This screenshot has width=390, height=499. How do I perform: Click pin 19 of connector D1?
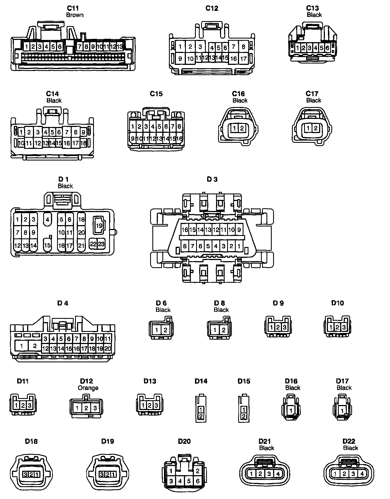(99, 225)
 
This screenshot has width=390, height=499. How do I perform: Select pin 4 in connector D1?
(47, 220)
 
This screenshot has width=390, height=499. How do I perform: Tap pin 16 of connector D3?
(185, 230)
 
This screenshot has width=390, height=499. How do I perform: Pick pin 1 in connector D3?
(239, 246)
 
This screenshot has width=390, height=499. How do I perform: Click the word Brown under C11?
(75, 15)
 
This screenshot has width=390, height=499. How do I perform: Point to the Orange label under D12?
(88, 388)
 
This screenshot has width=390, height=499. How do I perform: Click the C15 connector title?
(156, 94)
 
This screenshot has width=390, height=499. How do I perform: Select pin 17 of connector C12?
(243, 58)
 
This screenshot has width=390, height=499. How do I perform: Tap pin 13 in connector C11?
(120, 47)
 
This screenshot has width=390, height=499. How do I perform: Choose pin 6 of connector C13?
(327, 48)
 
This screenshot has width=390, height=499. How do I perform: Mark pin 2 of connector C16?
(242, 128)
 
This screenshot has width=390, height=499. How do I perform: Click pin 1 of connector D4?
(21, 346)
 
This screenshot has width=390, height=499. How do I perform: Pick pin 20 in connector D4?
(107, 349)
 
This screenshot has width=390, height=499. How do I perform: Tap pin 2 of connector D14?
(201, 416)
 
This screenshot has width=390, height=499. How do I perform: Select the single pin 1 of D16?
(291, 410)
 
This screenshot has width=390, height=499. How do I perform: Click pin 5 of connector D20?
(189, 481)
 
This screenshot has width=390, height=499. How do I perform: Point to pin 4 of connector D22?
(362, 473)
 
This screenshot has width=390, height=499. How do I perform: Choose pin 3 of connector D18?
(25, 474)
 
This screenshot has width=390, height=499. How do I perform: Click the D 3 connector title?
(212, 179)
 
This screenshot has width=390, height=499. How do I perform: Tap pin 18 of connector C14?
(83, 143)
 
